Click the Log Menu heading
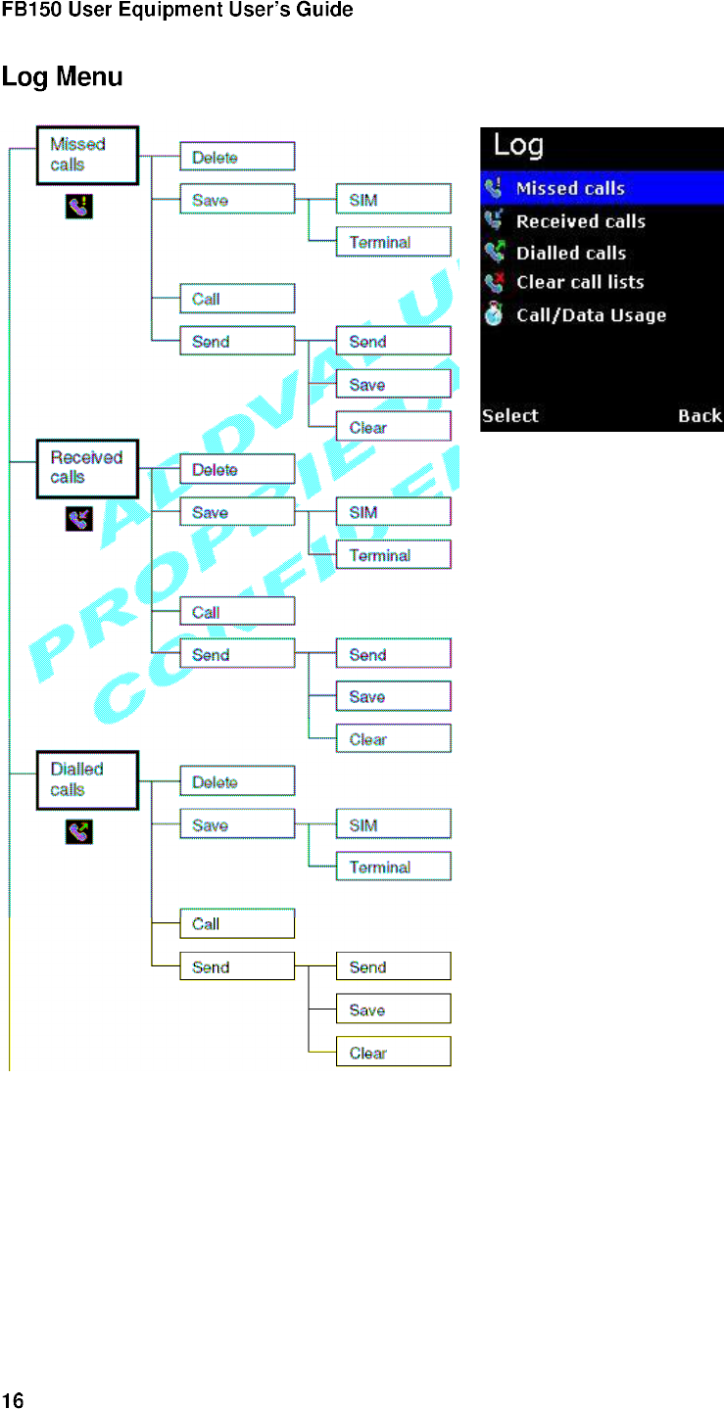63,76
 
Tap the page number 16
12,1399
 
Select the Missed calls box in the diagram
87,155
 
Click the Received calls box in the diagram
87,468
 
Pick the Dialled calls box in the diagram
87,780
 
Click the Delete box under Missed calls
236,157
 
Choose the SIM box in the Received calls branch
393,512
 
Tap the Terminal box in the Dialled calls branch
393,867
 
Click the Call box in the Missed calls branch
236,299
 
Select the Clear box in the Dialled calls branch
393,1053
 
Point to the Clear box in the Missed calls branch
393,427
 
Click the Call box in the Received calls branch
236,612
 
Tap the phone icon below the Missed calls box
78,207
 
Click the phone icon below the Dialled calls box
78,832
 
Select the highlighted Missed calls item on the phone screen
602,188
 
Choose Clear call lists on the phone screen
580,282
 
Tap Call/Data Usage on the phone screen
591,315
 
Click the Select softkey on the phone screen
510,415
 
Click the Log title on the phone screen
518,146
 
